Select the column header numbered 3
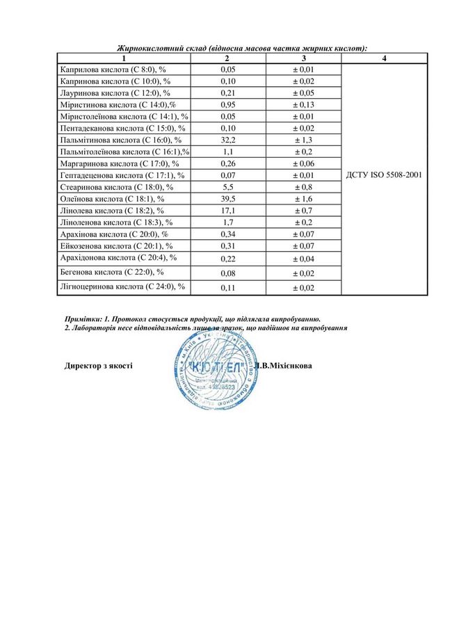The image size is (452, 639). coord(304,58)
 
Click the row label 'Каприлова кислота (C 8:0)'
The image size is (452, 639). coord(113,69)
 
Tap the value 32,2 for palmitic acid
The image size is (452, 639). coord(227,140)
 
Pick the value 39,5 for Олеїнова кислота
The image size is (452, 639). coord(227,199)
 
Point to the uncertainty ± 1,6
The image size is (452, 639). coord(304,199)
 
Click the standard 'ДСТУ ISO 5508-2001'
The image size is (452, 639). coord(384,175)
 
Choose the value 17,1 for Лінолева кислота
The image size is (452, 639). coord(227,211)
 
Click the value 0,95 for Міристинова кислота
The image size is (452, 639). coord(227,104)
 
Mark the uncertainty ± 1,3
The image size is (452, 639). coord(304,140)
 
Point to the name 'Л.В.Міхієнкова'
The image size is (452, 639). coord(283,364)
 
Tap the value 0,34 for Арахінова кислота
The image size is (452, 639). coord(227,234)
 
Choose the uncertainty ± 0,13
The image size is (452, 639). coord(304,104)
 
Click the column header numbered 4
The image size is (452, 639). coord(384,58)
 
